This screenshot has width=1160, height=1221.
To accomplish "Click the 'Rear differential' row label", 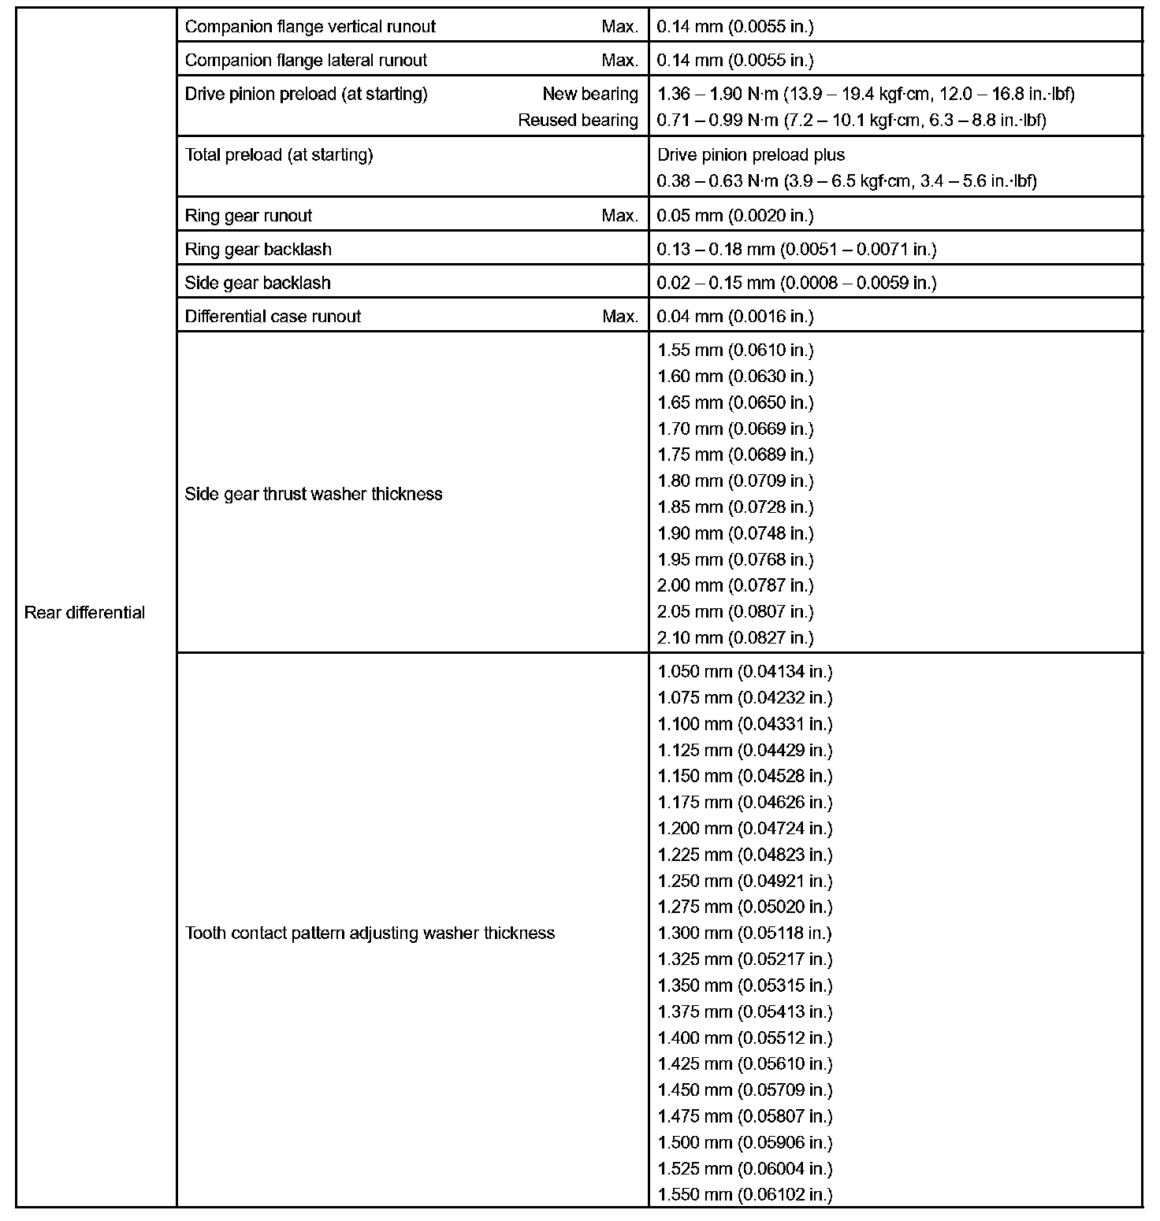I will click(84, 613).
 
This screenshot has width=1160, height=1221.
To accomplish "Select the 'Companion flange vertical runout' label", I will click(310, 27).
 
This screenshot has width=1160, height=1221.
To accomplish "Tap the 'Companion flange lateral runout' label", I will click(306, 61).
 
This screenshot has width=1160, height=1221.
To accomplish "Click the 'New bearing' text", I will click(589, 95).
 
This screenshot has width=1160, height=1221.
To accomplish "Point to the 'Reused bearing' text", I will click(578, 121).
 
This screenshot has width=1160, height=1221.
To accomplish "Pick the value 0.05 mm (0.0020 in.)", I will click(735, 216).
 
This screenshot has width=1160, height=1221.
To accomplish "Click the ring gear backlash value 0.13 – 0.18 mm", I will click(796, 250).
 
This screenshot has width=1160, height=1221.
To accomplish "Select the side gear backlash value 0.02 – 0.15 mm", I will click(796, 284).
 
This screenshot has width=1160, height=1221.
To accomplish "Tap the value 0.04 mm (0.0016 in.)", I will click(735, 317).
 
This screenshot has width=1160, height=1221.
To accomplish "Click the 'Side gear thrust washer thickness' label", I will click(313, 495).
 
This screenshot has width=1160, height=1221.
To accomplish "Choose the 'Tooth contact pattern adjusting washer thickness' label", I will click(370, 933).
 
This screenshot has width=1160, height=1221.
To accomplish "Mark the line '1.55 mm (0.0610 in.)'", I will click(735, 351).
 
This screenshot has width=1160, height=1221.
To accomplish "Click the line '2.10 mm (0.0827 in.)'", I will click(735, 638).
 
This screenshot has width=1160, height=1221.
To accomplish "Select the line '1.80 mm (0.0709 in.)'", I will click(735, 481).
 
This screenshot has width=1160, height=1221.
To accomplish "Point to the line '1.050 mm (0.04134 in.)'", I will click(745, 672).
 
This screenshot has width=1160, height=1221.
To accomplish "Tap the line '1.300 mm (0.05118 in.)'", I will click(745, 933).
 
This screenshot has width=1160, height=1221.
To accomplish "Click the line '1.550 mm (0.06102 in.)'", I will click(745, 1195).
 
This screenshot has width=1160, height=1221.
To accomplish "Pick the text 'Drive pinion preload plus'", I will click(751, 155).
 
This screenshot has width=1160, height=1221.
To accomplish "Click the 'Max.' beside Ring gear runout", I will click(619, 216).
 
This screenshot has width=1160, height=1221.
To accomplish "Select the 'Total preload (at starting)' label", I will click(278, 155).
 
